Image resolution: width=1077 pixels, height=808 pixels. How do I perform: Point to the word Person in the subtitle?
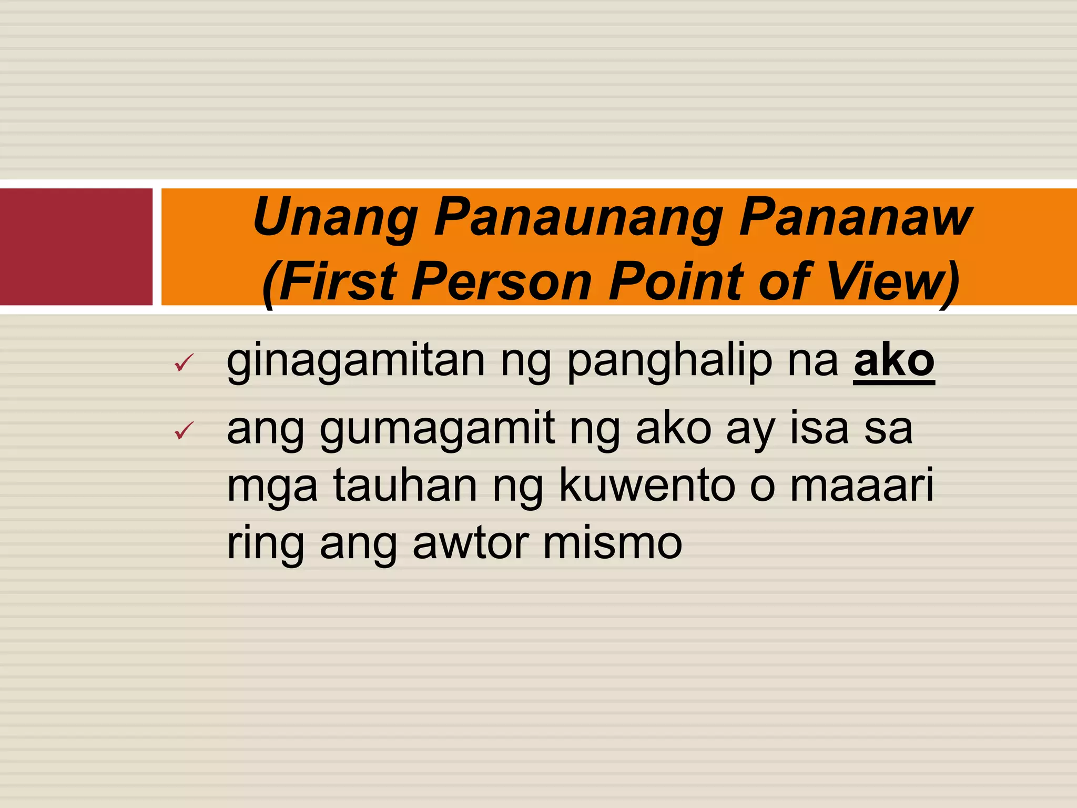pos(502,281)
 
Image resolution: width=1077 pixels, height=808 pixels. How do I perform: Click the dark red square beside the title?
pos(76,247)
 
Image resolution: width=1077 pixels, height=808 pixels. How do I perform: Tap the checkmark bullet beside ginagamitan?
pos(184,362)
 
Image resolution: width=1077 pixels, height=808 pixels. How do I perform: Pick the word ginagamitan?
pos(355,362)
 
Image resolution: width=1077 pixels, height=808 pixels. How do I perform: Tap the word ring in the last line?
pos(265,544)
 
